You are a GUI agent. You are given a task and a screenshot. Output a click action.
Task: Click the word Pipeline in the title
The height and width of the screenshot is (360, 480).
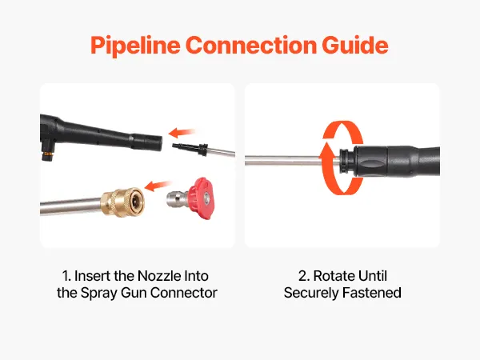135,46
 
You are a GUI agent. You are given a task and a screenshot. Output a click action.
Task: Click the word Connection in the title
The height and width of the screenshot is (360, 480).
251,46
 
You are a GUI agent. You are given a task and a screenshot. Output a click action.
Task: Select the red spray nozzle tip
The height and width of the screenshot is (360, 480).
201,198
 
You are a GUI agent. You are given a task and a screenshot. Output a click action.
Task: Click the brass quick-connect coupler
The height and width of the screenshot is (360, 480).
122,202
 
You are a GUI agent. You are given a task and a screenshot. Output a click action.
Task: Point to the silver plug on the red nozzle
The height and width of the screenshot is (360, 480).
178,199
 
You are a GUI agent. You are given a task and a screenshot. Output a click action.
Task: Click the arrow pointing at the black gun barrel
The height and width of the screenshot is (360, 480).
182,133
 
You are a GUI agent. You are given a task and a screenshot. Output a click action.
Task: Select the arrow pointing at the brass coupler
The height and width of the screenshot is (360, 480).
158,186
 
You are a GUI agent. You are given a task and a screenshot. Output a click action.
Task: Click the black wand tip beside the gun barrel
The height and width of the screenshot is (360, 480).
190,148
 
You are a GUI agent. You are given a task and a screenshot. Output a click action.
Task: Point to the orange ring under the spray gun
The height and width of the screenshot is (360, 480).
47,153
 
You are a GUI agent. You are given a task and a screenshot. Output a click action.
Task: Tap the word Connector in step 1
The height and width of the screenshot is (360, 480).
184,293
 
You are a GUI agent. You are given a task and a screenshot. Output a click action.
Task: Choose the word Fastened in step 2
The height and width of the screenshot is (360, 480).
372,293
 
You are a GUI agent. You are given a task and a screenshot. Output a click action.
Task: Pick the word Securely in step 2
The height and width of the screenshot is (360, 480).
311,293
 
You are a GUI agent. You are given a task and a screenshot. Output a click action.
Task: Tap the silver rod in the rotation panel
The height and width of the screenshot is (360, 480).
292,160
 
